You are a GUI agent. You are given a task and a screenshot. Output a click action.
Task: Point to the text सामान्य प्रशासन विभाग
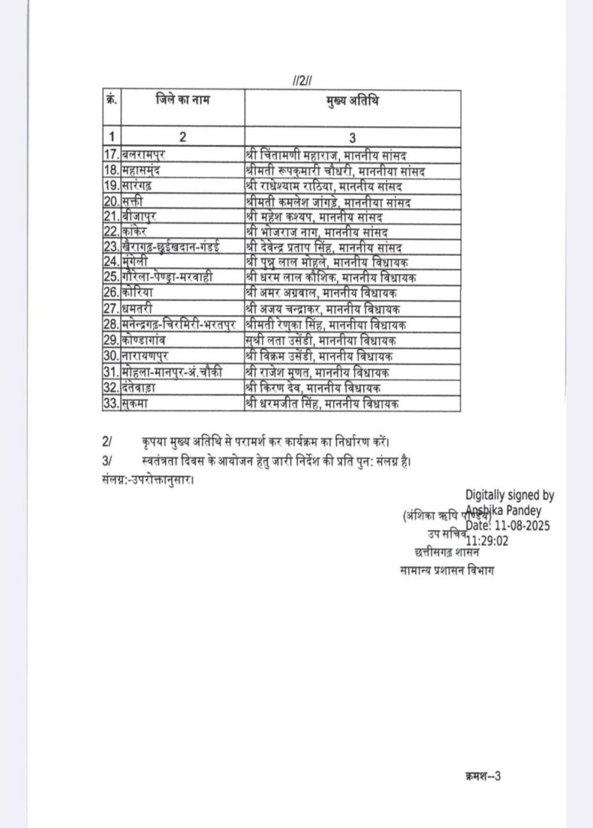pos(447,570)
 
